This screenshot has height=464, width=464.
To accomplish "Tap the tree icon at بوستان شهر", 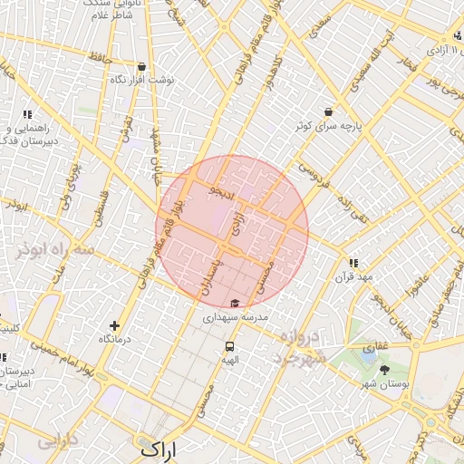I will pyautogui.click(x=385, y=370).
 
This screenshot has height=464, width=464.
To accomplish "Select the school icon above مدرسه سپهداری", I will pyautogui.click(x=235, y=303).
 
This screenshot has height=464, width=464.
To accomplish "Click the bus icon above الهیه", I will pyautogui.click(x=230, y=345).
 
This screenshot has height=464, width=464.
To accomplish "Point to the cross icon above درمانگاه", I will pyautogui.click(x=114, y=325).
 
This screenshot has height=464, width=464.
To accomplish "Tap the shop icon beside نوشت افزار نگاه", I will pyautogui.click(x=142, y=66).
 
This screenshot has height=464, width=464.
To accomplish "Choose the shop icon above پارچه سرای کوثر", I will pyautogui.click(x=327, y=111).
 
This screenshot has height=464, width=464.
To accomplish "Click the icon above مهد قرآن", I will pyautogui.click(x=353, y=262).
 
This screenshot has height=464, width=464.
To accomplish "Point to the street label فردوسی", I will pyautogui.click(x=311, y=173).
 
